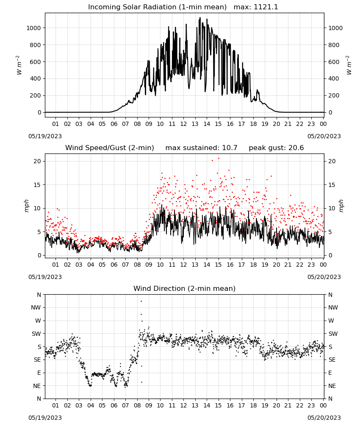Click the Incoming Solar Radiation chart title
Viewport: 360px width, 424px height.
pos(157,7)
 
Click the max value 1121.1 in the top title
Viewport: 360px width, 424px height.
pos(266,7)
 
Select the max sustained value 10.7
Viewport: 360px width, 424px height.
pos(230,148)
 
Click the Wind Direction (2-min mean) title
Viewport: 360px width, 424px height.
pos(185,288)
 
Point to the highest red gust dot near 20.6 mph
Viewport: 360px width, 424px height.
pos(219,159)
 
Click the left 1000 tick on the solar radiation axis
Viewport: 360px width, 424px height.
pos(34,28)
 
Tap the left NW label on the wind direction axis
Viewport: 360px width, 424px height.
pos(36,307)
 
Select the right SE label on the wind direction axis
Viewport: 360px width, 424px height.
pos(332,360)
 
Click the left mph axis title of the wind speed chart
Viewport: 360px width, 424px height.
pos(26,206)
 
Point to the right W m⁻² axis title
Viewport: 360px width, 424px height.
pos(349,65)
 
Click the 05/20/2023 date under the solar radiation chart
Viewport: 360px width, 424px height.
pos(324,136)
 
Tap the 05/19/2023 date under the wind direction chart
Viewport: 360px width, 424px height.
pos(45,418)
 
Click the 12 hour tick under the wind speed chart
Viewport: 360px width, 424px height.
pos(183,265)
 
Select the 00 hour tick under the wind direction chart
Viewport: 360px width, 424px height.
pos(323,405)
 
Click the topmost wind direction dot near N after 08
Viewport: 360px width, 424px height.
pos(141,301)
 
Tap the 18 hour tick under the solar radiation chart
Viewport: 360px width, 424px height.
pos(253,124)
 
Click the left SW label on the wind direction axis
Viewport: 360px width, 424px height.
pos(36,334)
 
